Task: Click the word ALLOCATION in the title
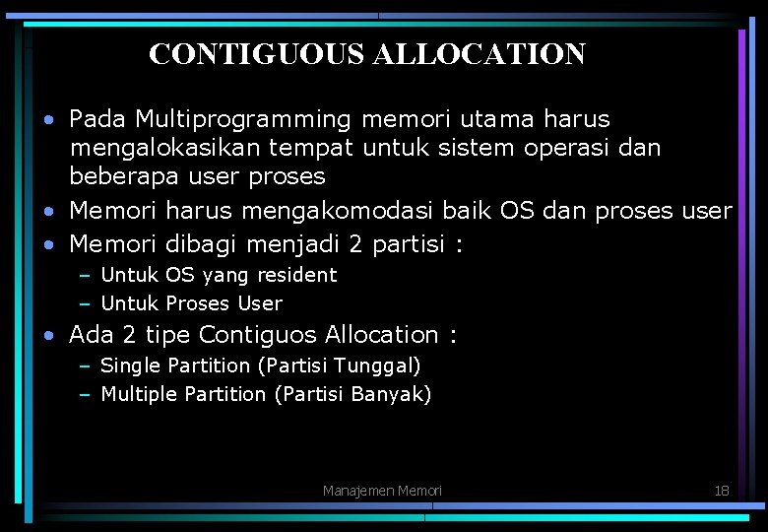[479, 53]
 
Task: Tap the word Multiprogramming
[243, 120]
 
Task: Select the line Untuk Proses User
[191, 303]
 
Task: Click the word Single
[132, 366]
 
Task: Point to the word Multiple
[139, 394]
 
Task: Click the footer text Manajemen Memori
[382, 491]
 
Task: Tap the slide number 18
[721, 490]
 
